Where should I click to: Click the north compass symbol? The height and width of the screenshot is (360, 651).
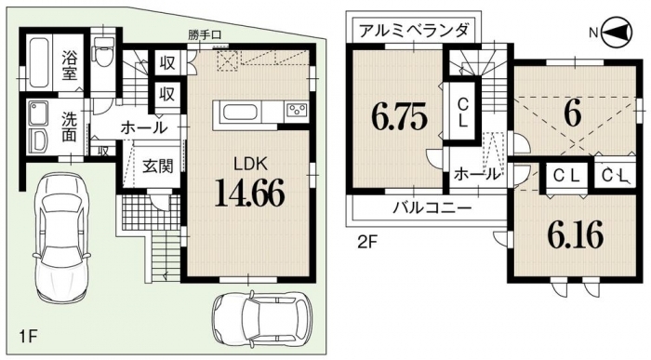pyautogui.click(x=617, y=32)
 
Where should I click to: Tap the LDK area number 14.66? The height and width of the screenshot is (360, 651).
pyautogui.click(x=249, y=193)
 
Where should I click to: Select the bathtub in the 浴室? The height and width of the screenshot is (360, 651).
pyautogui.click(x=39, y=62)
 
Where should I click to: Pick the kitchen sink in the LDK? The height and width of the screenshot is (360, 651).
pyautogui.click(x=241, y=113)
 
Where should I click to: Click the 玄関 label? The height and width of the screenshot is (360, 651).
pyautogui.click(x=158, y=167)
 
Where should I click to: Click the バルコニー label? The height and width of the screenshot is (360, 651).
pyautogui.click(x=432, y=207)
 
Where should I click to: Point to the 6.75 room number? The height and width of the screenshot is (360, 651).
pyautogui.click(x=399, y=117)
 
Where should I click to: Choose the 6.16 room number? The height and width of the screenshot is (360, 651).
pyautogui.click(x=575, y=234)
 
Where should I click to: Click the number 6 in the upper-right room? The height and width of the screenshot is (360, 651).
pyautogui.click(x=573, y=114)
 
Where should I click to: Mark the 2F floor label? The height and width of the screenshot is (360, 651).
pyautogui.click(x=367, y=242)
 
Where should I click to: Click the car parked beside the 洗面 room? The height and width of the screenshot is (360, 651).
pyautogui.click(x=62, y=236)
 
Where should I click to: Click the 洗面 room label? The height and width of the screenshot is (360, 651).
pyautogui.click(x=70, y=127)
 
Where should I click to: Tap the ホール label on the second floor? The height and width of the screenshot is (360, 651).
pyautogui.click(x=476, y=174)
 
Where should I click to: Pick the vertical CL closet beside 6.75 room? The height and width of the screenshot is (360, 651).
pyautogui.click(x=463, y=113)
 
